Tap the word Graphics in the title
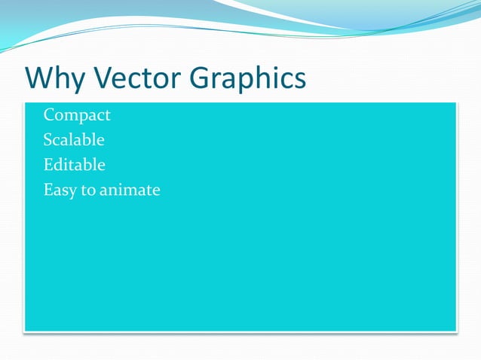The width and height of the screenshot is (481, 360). click(x=248, y=79)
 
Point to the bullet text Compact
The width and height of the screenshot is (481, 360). click(x=77, y=115)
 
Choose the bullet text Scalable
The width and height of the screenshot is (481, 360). click(x=74, y=140)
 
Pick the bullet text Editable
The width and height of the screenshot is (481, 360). click(x=74, y=165)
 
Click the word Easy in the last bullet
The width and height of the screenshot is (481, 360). click(x=60, y=190)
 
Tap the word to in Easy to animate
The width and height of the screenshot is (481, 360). click(x=87, y=190)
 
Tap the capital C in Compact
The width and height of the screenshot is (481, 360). click(x=49, y=115)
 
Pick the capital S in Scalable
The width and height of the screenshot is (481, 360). click(x=47, y=140)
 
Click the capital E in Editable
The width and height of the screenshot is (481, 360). click(x=48, y=165)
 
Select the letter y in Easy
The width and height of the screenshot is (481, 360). click(x=72, y=192)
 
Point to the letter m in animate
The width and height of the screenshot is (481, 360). click(x=128, y=191)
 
